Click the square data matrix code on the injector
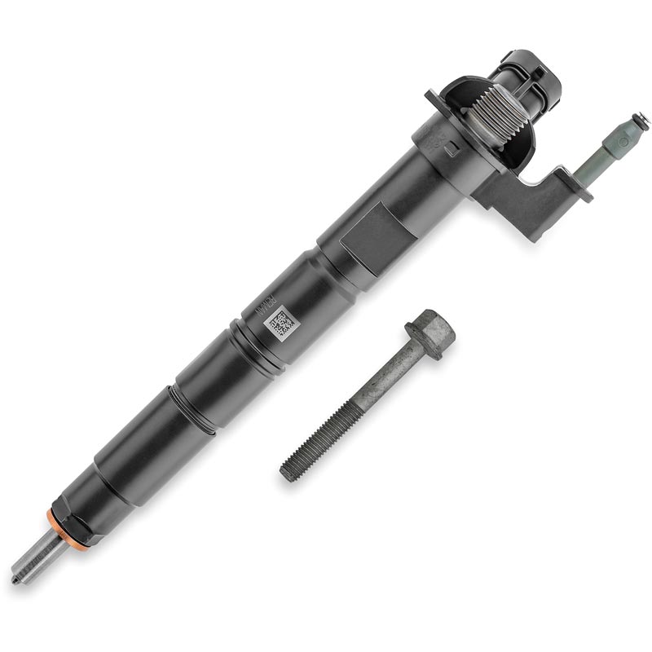point(279,324)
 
